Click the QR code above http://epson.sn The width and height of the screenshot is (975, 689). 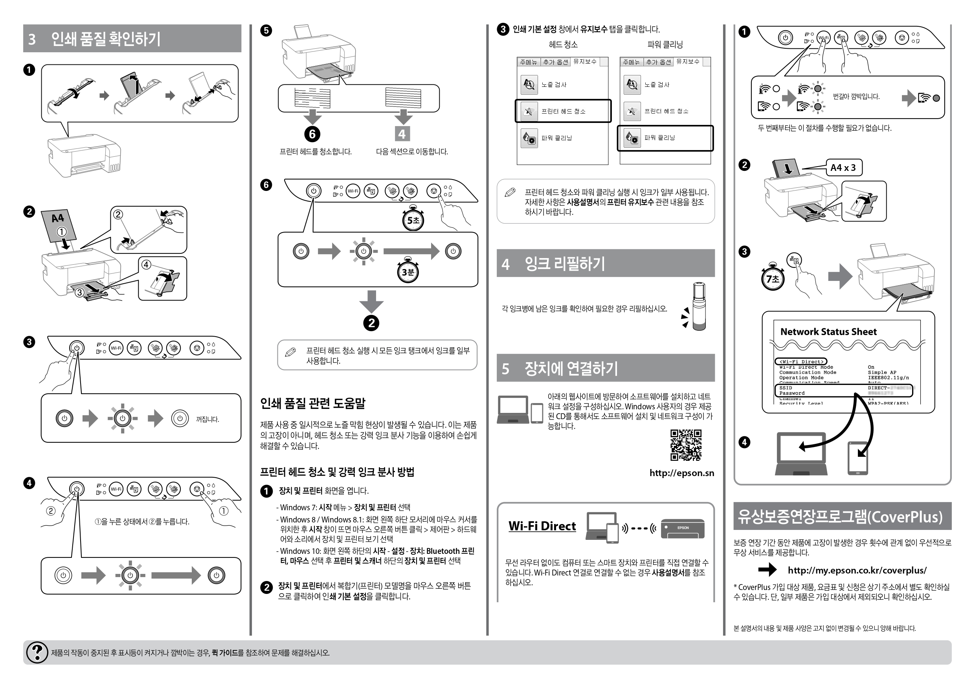coord(685,445)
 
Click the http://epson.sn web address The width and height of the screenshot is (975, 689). coord(681,473)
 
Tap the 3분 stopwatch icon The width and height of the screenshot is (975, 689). coord(407,271)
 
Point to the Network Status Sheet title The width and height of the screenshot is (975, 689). coord(828,332)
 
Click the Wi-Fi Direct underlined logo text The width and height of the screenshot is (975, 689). coord(542,526)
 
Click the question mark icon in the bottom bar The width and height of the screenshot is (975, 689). coord(37,652)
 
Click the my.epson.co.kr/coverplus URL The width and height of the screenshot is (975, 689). coord(857,570)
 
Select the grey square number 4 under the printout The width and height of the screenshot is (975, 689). coord(402,134)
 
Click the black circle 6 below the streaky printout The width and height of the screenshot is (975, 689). coord(312,134)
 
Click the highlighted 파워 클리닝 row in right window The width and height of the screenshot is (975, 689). coord(665,138)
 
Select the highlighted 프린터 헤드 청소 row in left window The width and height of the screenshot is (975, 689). coord(563,111)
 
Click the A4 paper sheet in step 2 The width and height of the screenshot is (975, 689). coord(59,225)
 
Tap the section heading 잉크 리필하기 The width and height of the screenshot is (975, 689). coord(564,264)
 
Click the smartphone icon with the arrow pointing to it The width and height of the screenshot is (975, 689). coord(858,458)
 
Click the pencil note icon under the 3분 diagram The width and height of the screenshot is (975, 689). coord(290,352)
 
